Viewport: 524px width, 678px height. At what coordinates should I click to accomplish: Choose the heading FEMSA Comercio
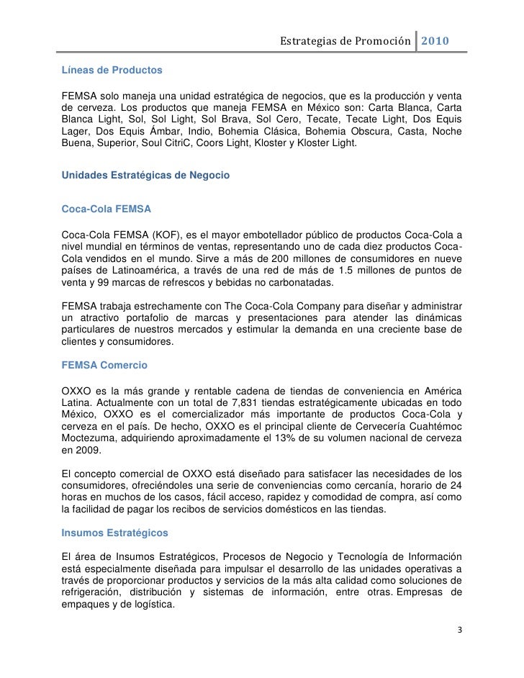click(x=105, y=366)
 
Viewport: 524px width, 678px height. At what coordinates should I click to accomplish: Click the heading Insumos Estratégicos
click(x=115, y=533)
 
